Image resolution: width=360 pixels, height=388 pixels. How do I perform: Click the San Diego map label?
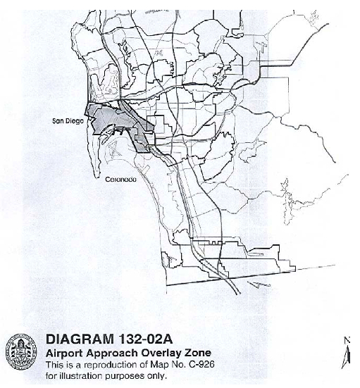[69, 121]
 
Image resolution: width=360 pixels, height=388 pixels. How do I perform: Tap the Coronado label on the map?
[120, 179]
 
